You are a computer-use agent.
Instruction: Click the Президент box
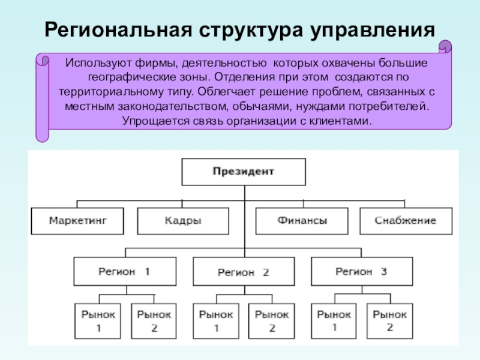click(x=243, y=172)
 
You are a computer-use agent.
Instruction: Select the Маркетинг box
click(x=77, y=221)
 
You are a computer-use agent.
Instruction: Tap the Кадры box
click(x=183, y=221)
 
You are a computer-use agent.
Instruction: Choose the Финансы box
click(x=302, y=221)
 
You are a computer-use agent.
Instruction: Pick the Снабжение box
click(x=406, y=221)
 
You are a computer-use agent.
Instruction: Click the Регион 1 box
click(x=125, y=271)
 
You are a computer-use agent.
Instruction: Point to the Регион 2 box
click(x=244, y=272)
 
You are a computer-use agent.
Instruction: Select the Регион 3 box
click(x=362, y=271)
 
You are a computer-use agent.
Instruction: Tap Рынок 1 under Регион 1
click(x=98, y=320)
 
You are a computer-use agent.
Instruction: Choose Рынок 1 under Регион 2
click(x=216, y=320)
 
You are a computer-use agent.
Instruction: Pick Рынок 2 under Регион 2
click(x=272, y=320)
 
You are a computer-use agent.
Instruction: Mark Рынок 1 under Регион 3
click(x=334, y=320)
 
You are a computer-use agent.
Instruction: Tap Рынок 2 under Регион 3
click(x=390, y=320)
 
